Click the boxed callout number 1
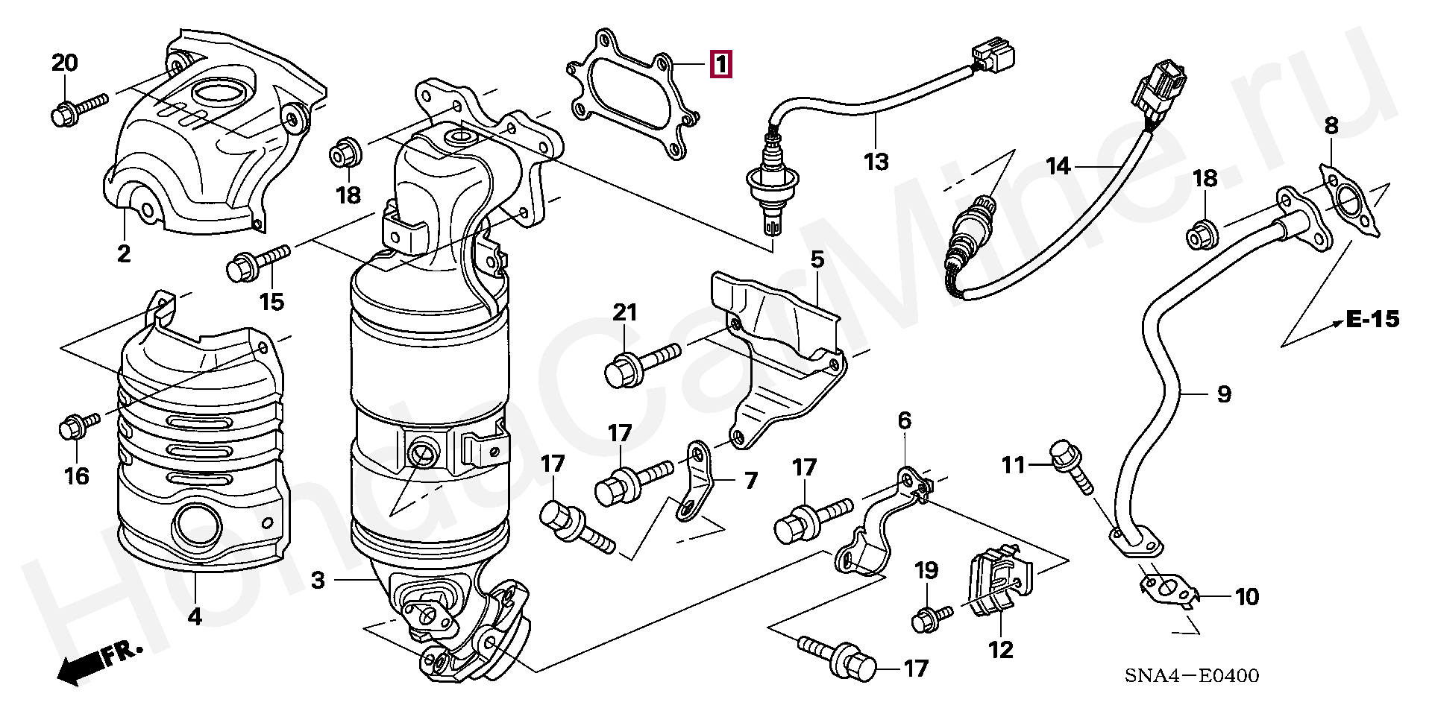720,65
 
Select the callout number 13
876,162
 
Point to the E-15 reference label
1372,320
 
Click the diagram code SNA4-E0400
1192,676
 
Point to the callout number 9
1224,394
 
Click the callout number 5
817,260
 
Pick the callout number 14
1058,165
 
